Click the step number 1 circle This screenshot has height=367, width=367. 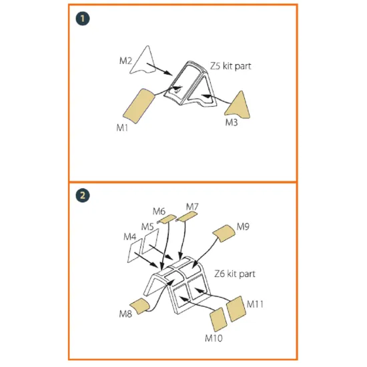[83, 19]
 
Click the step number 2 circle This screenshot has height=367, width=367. [83, 196]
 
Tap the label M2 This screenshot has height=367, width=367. [125, 61]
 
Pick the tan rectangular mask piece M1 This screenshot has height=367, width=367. [139, 105]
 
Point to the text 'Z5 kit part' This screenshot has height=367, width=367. [231, 66]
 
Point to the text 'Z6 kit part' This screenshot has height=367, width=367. [235, 274]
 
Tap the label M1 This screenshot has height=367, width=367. [122, 128]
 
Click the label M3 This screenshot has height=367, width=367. [232, 122]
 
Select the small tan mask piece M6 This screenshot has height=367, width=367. [166, 219]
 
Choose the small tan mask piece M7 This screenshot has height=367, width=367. [187, 216]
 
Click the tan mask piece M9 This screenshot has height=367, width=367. [224, 234]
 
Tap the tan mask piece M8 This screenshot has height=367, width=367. [139, 306]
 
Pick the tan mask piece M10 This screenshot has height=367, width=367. [218, 320]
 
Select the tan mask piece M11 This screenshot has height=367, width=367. [236, 309]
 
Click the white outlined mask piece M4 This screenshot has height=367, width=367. [135, 250]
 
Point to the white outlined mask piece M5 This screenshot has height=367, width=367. [150, 241]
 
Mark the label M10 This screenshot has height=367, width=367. [214, 338]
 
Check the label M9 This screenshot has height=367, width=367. [243, 226]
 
